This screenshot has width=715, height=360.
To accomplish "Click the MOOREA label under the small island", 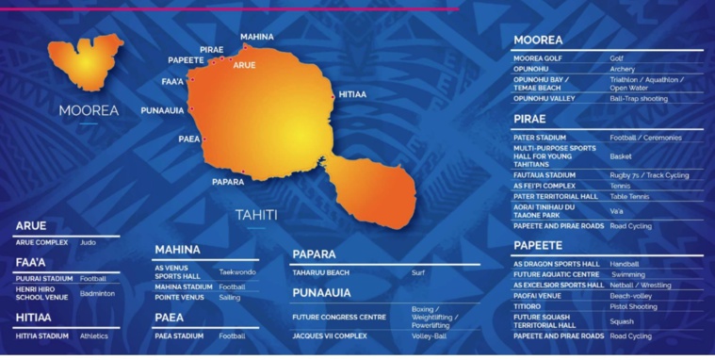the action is [89, 110].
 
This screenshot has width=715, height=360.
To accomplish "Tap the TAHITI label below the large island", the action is [256, 215].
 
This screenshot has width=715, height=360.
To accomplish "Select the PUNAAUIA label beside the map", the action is [163, 110].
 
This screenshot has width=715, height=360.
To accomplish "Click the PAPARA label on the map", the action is [228, 182].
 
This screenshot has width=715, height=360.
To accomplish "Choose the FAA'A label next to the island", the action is [172, 81].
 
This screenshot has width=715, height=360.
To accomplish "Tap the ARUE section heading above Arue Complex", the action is [32, 227].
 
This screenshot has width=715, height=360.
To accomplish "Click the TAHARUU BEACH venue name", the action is [322, 272].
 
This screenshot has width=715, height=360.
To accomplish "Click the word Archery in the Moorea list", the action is [623, 69].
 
